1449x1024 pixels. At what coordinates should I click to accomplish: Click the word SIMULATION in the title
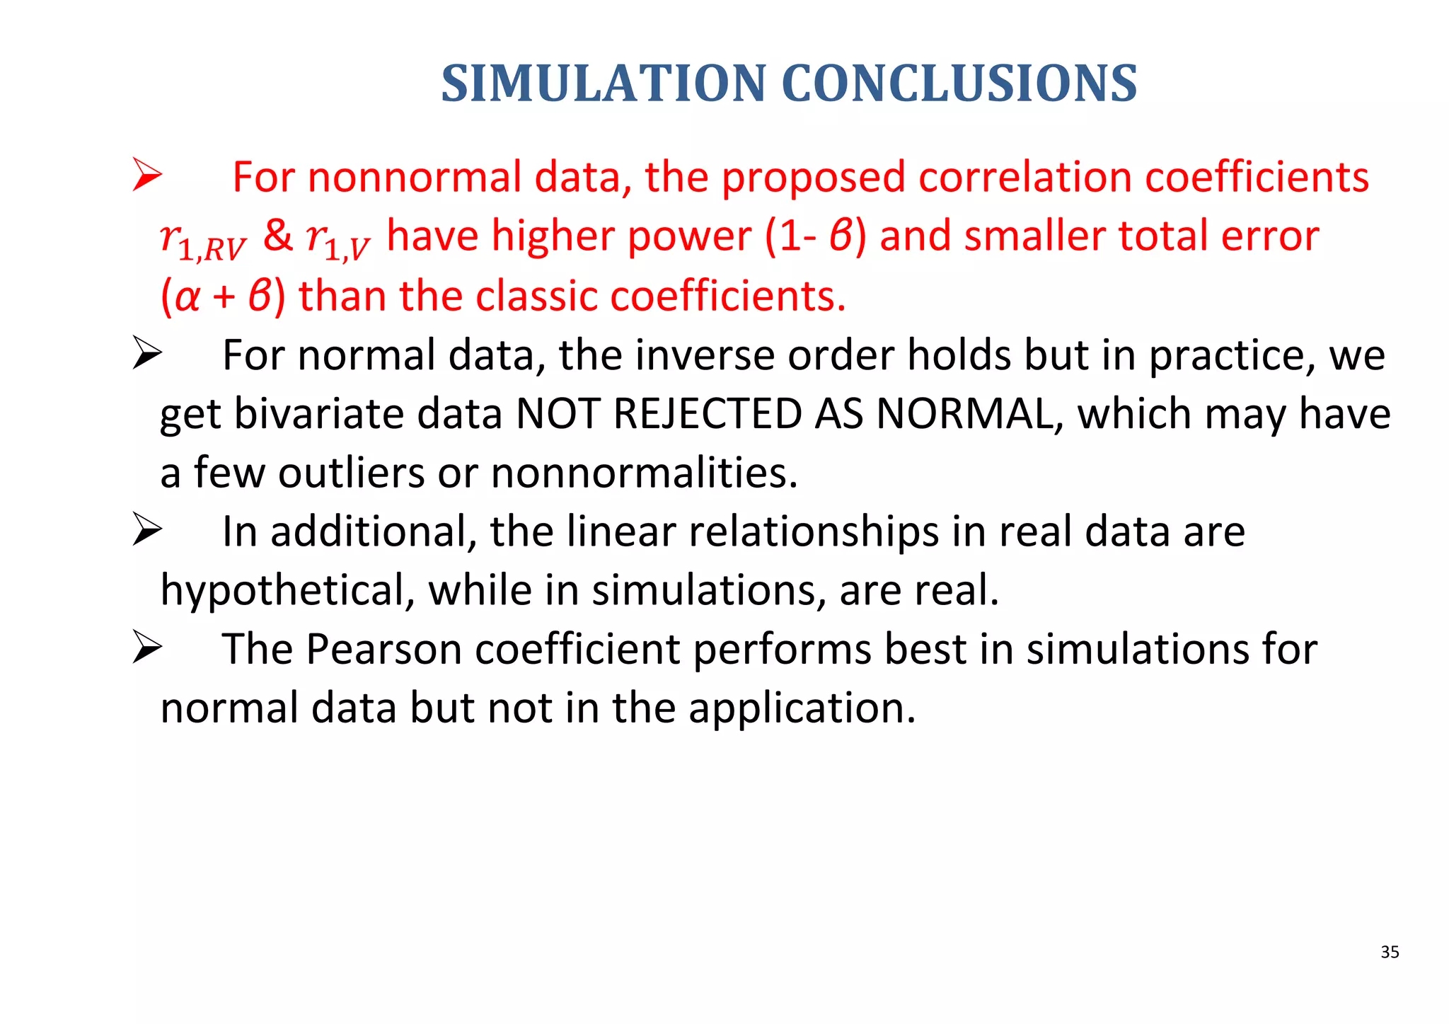pos(603,84)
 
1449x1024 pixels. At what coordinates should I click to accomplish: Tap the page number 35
pos(1390,952)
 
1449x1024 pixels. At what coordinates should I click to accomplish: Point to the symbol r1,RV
pos(202,239)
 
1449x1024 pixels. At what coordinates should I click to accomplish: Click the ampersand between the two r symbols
pos(277,236)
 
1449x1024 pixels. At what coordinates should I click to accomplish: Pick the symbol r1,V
pos(337,239)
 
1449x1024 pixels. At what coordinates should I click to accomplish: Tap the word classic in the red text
pos(535,296)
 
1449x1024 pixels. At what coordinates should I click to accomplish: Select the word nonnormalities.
pos(644,473)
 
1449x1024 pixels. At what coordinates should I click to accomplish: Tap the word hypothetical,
pos(287,591)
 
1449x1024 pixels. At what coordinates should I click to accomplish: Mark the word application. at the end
pos(802,708)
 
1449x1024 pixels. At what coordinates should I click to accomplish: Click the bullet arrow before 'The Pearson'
pos(147,648)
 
